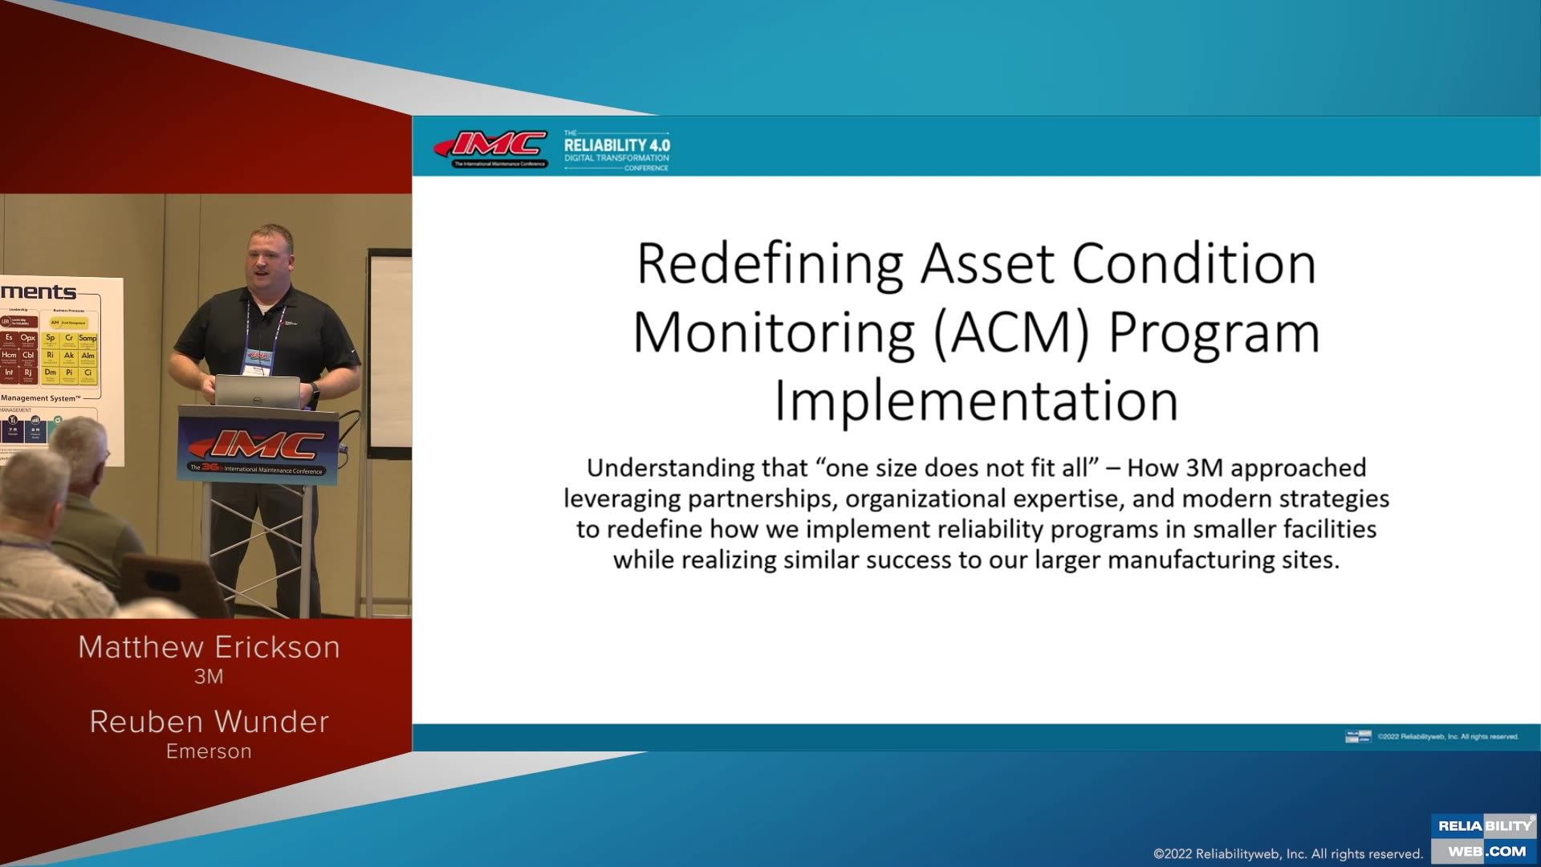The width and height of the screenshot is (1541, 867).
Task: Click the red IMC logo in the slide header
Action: pos(491,146)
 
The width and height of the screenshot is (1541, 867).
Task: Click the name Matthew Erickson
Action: pos(209,647)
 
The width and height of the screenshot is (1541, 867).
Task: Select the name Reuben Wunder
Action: pos(209,722)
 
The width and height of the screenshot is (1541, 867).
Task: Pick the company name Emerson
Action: pos(209,751)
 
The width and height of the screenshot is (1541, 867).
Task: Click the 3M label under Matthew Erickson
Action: pos(209,677)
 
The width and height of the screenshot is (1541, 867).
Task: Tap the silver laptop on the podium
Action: pos(257,392)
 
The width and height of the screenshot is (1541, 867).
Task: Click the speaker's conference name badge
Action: pos(259,358)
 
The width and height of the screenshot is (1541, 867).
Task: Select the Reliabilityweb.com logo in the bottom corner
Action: pos(1483,839)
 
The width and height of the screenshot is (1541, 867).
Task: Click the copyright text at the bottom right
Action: pos(1287,853)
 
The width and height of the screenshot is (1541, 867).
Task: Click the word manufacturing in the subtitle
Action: pos(1189,560)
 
